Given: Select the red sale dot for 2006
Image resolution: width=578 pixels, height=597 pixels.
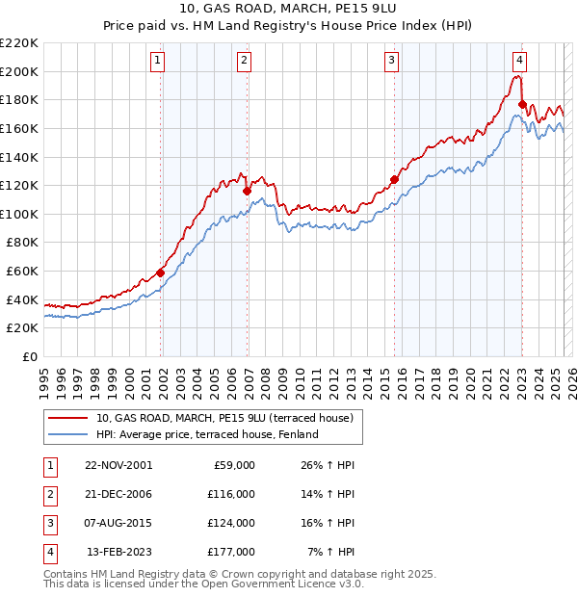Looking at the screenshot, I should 248,191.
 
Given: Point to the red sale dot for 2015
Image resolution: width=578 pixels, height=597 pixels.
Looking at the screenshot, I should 394,179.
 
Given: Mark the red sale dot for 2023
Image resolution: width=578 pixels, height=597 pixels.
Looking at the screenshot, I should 522,104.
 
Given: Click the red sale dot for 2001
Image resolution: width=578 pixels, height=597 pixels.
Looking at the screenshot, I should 161,273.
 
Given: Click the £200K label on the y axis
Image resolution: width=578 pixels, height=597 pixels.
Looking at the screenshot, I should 20,71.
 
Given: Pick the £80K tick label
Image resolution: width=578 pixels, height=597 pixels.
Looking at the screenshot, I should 23,243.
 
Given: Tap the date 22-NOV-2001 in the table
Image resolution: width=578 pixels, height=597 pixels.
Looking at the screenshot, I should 118,465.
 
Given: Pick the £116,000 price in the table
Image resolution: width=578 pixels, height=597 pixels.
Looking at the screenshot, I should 232,494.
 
